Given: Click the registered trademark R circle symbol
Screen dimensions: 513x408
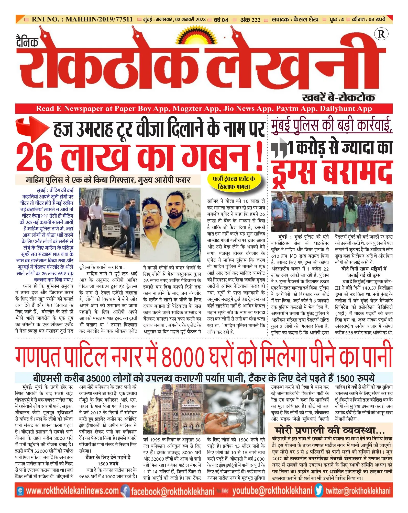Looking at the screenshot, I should coord(381,34).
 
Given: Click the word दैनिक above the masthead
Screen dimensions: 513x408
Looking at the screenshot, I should coord(27,42).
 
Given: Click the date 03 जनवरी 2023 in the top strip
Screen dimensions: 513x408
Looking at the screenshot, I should coord(190,20).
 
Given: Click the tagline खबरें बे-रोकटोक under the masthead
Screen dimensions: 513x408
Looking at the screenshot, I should coord(338,98).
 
